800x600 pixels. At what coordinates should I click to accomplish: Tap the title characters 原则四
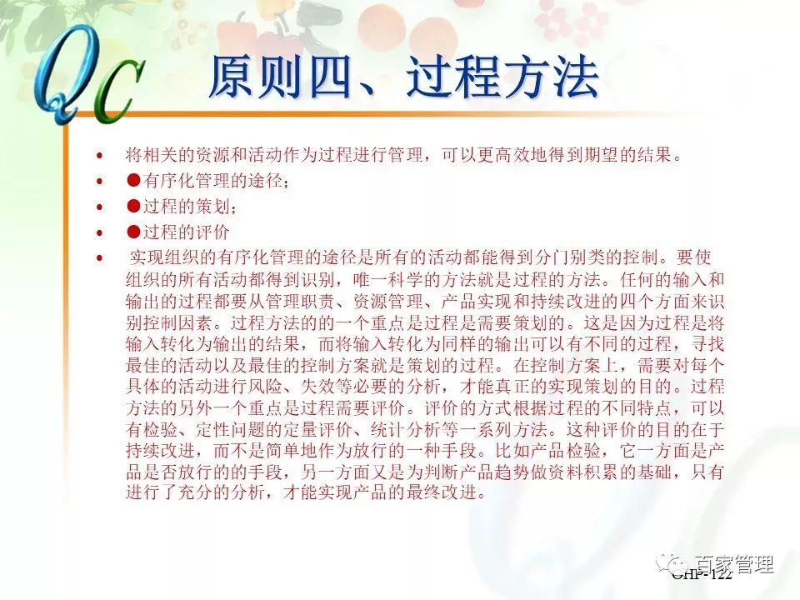[x=276, y=77]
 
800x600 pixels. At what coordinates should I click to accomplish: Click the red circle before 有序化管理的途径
[x=132, y=180]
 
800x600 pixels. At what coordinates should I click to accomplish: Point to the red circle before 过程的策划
[x=132, y=206]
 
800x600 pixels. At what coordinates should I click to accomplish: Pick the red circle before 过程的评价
[x=132, y=231]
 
